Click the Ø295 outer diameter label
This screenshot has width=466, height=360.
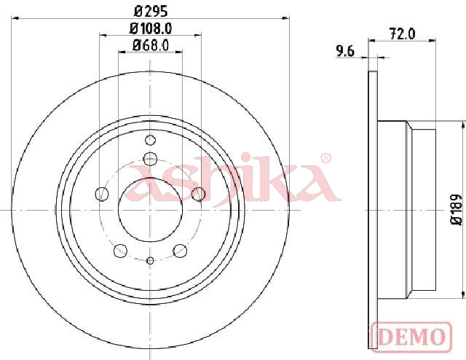pos(151,12)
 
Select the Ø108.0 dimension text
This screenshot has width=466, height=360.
pos(151,28)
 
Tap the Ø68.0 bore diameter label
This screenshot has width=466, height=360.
pos(151,45)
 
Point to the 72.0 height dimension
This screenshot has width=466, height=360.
pos(402,34)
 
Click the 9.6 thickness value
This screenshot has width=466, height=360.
pos(345,52)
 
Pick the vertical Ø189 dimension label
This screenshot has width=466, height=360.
pos(457,210)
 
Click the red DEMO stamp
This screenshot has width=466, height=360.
pos(411,337)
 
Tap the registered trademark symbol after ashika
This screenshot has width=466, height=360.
pos(326,158)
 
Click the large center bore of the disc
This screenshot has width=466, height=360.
pos(150,210)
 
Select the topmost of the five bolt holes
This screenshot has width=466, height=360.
pos(150,159)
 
